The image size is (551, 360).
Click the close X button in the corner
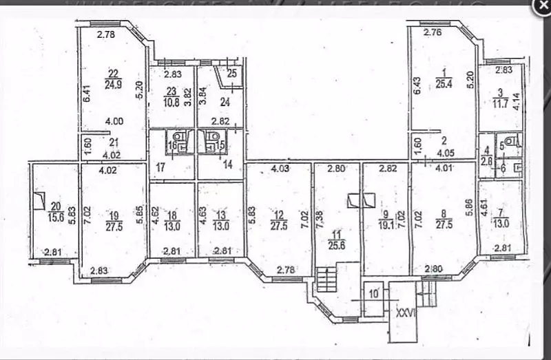(541, 6)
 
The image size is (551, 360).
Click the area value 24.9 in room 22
(113, 86)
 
